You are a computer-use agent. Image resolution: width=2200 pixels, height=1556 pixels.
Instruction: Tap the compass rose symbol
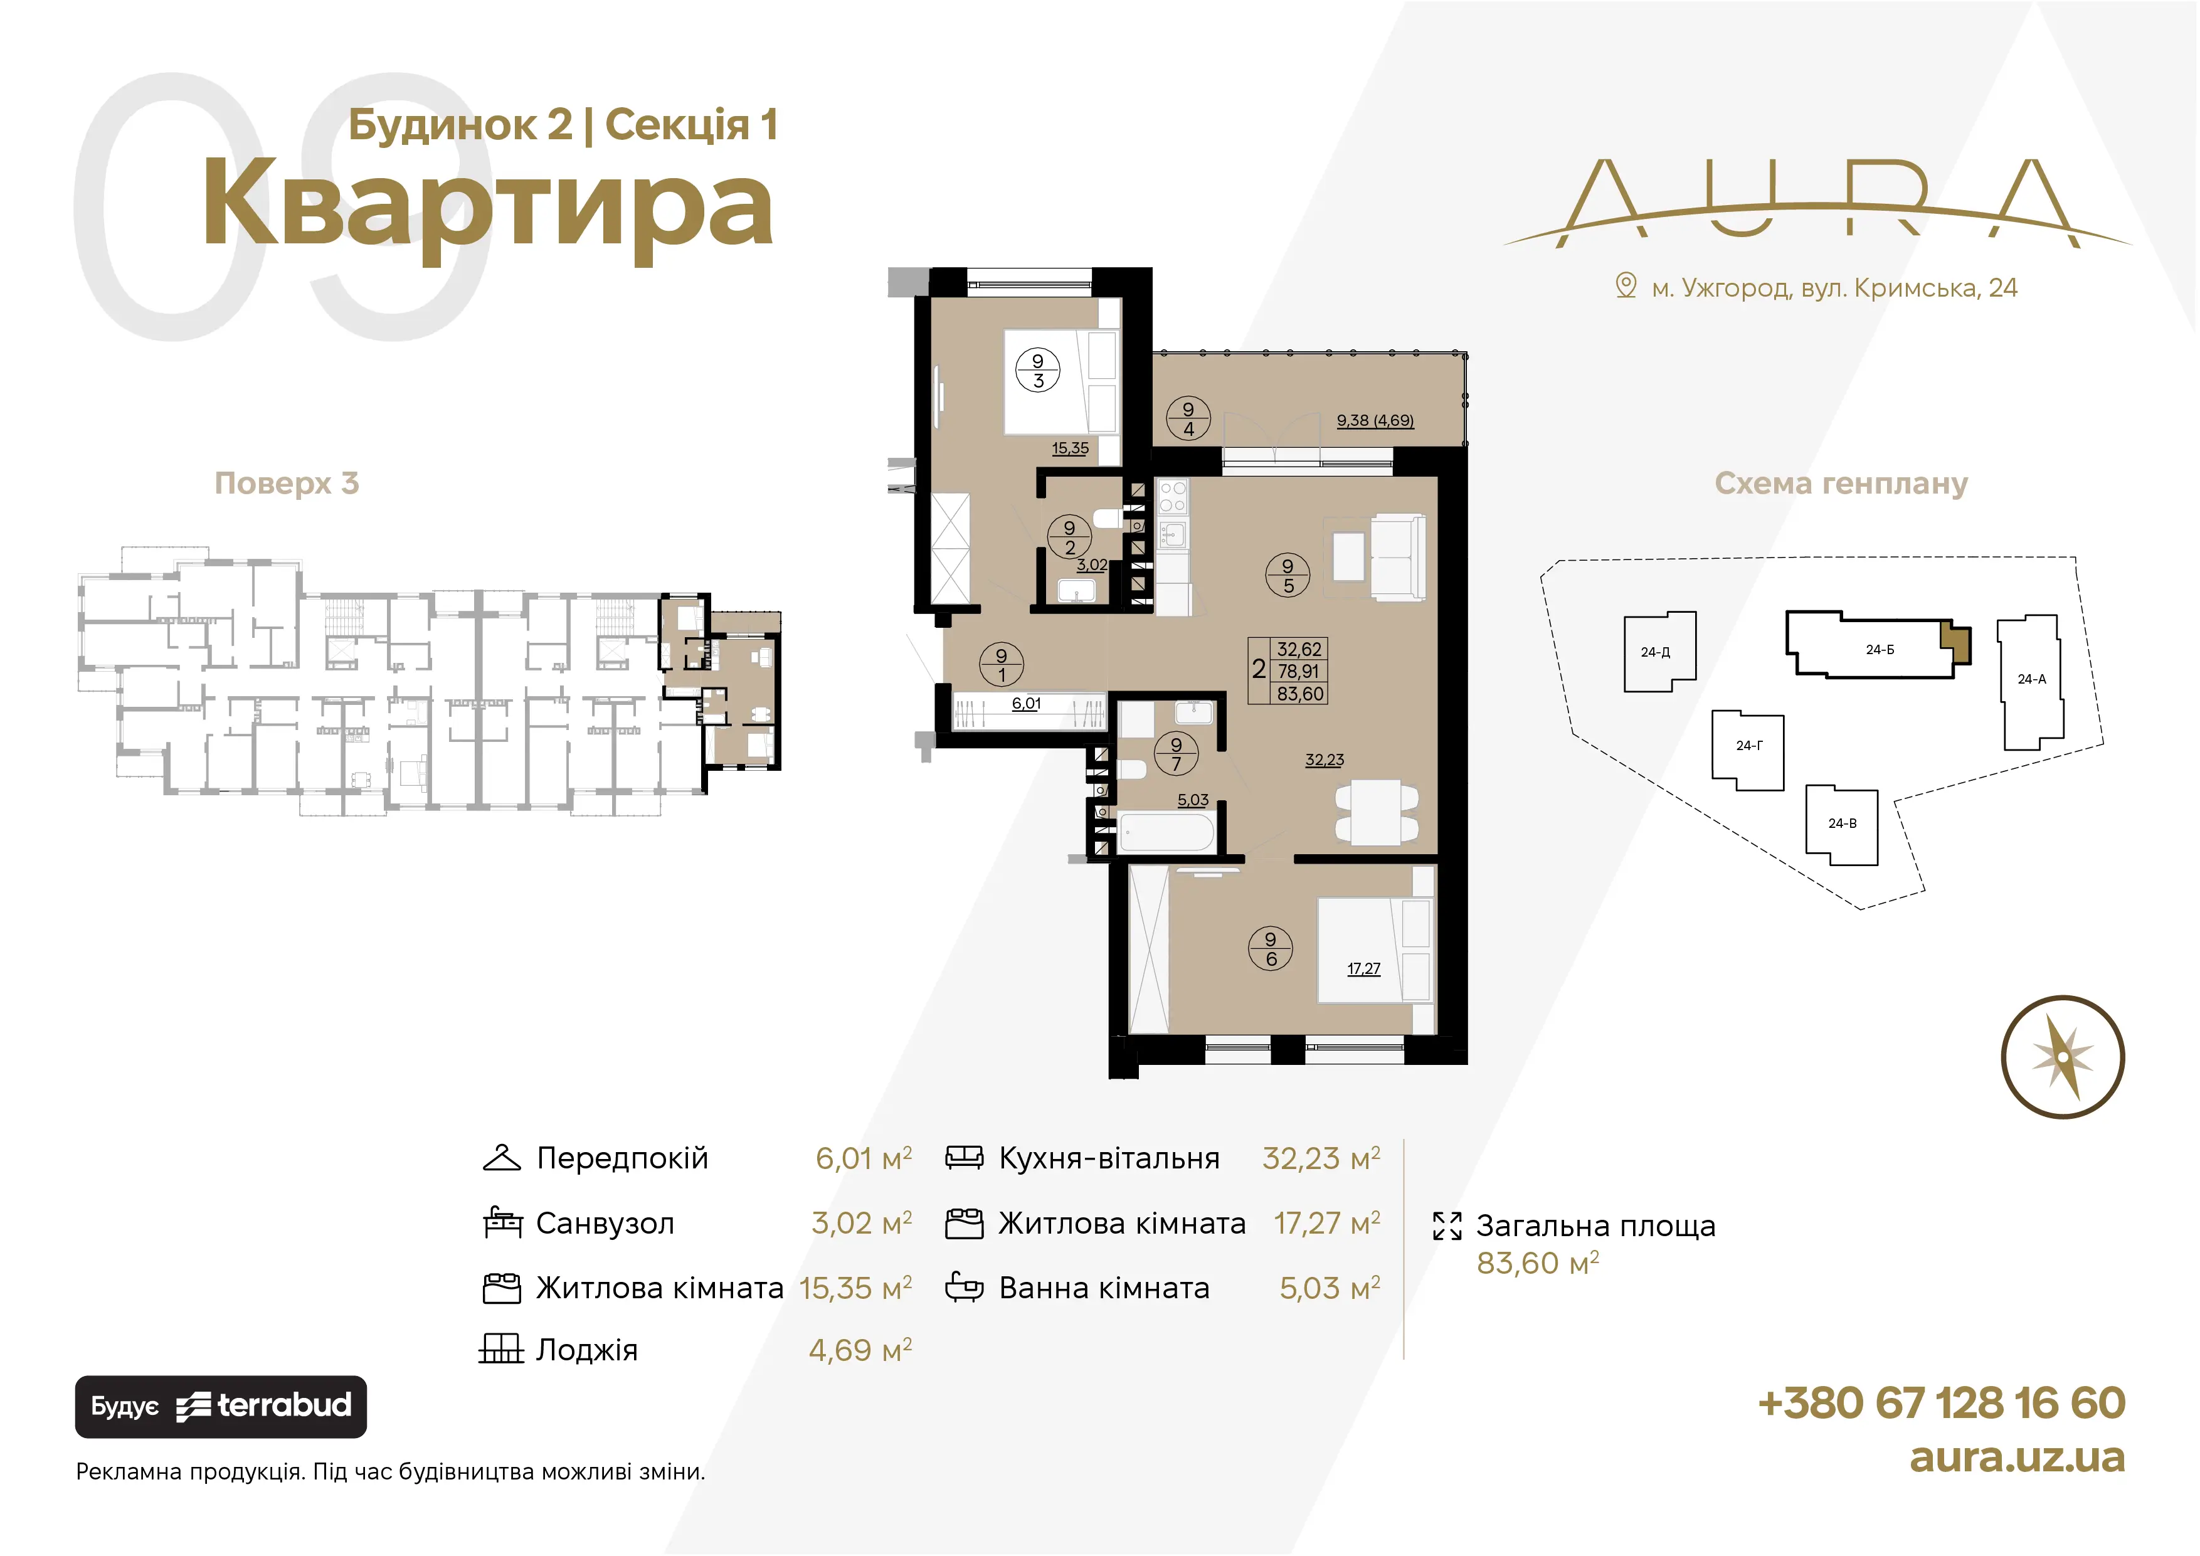point(2063,1057)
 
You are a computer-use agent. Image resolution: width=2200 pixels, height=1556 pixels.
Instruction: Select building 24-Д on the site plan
point(1659,652)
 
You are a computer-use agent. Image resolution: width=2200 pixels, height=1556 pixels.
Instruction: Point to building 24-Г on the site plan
point(1748,750)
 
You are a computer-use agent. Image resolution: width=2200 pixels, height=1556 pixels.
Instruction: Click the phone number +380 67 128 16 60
point(1941,1403)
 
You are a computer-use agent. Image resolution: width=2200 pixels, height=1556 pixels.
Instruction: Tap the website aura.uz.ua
point(2017,1458)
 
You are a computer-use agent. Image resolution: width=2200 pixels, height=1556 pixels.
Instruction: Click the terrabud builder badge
point(220,1407)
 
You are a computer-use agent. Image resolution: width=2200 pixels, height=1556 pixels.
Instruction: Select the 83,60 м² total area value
point(1537,1264)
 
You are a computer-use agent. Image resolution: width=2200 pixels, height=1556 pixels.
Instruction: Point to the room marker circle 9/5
point(1288,576)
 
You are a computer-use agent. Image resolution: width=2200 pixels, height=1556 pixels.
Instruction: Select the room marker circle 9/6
point(1271,948)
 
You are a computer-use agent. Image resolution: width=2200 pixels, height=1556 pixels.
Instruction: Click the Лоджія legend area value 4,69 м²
point(860,1350)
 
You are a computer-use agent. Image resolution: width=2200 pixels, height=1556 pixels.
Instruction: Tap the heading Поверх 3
point(287,483)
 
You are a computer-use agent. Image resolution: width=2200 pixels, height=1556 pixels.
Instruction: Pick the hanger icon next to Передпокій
point(501,1157)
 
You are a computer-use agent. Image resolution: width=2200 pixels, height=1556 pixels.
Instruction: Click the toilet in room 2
point(1107,518)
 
